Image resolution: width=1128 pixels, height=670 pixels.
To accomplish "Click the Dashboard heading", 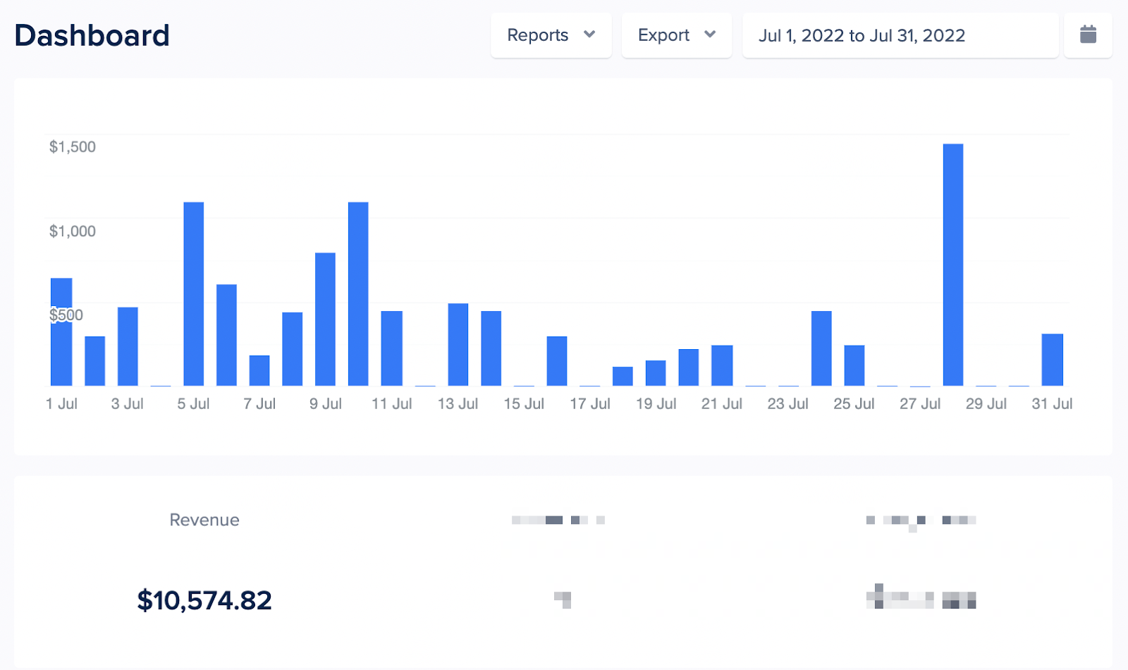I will coord(92,35).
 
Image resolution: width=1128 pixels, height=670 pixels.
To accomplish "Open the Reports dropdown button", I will coord(551,35).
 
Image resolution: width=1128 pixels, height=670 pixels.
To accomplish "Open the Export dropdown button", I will coord(676,35).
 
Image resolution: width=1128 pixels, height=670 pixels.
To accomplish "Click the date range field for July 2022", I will coord(900,35).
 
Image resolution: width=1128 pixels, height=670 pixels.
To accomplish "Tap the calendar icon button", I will coord(1088,35).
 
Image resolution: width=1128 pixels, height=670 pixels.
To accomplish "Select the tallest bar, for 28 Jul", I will coord(952,264).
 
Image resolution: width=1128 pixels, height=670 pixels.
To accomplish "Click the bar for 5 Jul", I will coord(194,293).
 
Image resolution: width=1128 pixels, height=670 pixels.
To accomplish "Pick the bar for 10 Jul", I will coord(358,293).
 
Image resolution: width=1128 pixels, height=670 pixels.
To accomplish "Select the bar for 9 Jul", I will coord(325,319).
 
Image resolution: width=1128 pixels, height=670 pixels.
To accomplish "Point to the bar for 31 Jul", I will coord(1052,360).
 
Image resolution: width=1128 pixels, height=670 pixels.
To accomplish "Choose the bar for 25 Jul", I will coord(854,365).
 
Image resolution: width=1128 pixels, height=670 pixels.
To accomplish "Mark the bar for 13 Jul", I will coord(458,344).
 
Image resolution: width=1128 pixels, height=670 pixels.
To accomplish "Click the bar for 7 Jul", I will coord(259,370).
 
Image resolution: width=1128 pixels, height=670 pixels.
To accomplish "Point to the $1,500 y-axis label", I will coord(73,147).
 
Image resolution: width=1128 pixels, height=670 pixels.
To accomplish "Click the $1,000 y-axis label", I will coord(73,231).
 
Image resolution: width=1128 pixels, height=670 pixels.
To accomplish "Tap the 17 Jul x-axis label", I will coord(590,404).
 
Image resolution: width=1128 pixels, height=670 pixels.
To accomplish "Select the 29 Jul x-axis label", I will coord(986,404).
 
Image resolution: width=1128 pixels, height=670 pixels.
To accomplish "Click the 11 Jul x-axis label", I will coord(392,404).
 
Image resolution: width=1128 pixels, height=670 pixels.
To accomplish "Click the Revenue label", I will coord(204,520).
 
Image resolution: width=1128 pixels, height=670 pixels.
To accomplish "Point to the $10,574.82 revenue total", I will coord(204,600).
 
